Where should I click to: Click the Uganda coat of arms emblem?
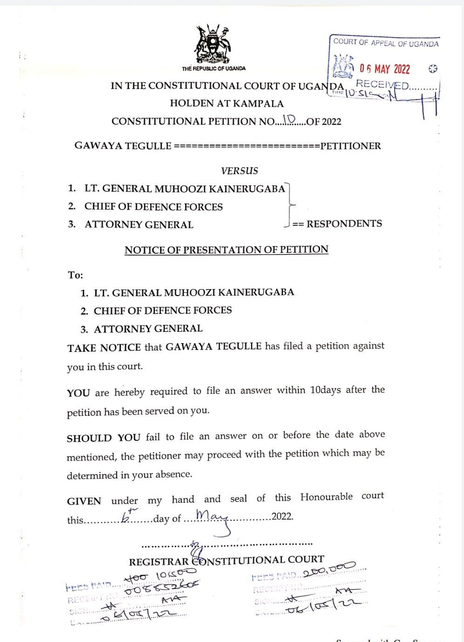tap(213, 45)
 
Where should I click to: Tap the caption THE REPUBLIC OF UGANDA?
tap(214, 68)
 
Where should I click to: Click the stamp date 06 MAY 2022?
tap(384, 69)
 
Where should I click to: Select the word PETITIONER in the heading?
tap(350, 146)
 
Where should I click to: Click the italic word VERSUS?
tap(239, 171)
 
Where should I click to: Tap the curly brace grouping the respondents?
tap(290, 205)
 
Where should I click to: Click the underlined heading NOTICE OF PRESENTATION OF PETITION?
tap(226, 250)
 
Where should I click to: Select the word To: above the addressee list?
tap(75, 275)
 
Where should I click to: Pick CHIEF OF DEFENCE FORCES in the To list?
tap(162, 311)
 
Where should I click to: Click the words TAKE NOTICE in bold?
tap(104, 347)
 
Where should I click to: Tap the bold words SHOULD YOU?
tap(103, 438)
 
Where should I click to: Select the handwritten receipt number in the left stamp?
tap(162, 588)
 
